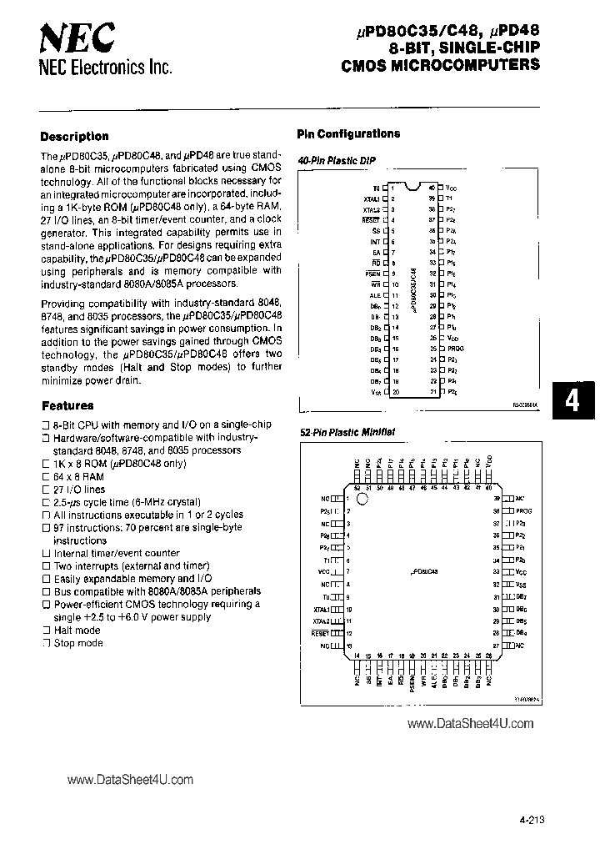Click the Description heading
74,136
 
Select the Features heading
67,405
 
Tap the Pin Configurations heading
348,133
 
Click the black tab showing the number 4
572,401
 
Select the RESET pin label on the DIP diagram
372,220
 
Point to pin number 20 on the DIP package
395,392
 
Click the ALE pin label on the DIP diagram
374,294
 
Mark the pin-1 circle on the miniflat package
362,500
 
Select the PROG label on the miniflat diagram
523,510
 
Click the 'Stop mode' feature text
78,643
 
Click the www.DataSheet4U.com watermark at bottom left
129,780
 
